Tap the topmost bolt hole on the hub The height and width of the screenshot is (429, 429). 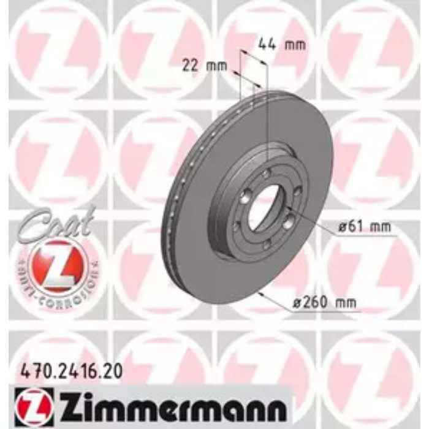(x=265, y=176)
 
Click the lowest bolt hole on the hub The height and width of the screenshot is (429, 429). (x=265, y=245)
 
